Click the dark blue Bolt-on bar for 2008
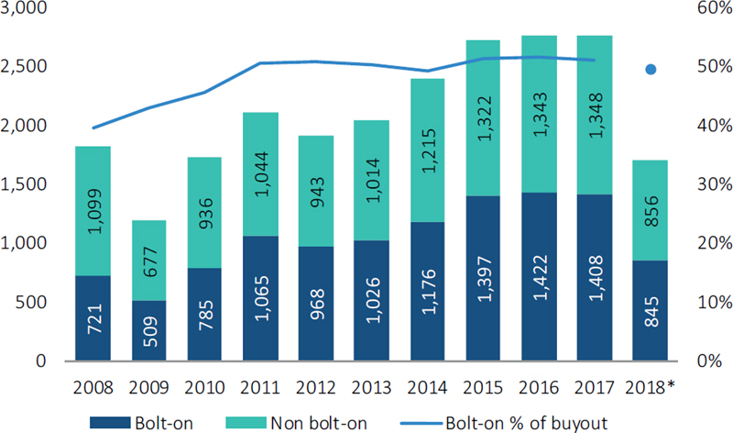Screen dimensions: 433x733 click(x=93, y=317)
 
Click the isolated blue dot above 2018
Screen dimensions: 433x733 click(x=651, y=69)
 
